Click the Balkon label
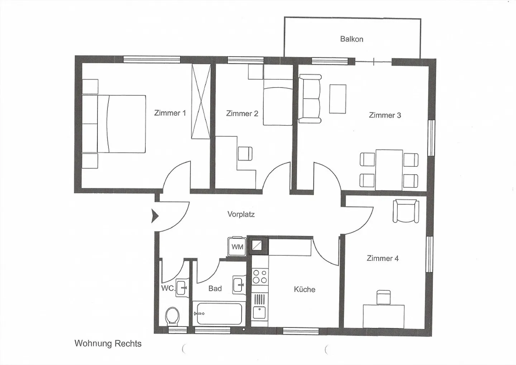[352, 39]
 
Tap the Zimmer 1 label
[170, 113]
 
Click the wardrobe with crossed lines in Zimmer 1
[200, 101]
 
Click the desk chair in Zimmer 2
[245, 154]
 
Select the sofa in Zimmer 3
[310, 99]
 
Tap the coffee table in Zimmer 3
[338, 99]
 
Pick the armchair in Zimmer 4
[406, 212]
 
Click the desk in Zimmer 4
[383, 316]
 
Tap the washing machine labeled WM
[237, 247]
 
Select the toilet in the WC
[172, 316]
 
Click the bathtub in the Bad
[219, 313]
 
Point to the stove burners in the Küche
[260, 276]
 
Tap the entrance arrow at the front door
[155, 216]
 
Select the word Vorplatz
[241, 214]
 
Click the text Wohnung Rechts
[108, 343]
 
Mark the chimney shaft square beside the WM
[258, 246]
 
